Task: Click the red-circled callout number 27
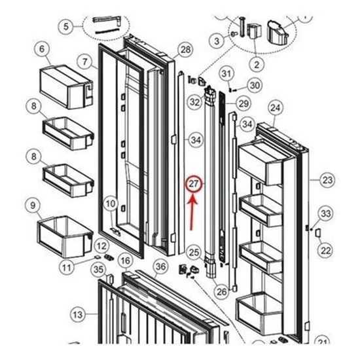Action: [x=194, y=184]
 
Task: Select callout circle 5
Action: [x=66, y=26]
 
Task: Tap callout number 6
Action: [x=42, y=48]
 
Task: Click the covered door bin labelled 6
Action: [x=67, y=87]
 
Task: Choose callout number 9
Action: [x=33, y=206]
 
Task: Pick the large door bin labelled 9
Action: [x=65, y=236]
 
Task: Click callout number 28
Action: [x=185, y=49]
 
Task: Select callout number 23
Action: [x=327, y=180]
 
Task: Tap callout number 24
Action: [x=276, y=107]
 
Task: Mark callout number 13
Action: [x=78, y=314]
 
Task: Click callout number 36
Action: [x=160, y=266]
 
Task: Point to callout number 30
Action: [x=255, y=85]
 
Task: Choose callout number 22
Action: [x=325, y=251]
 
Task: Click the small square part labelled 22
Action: [x=317, y=232]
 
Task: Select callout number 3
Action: [x=217, y=41]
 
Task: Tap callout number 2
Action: [x=257, y=65]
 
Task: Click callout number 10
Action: [x=111, y=204]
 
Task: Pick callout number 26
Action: [x=221, y=291]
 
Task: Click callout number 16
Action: [x=126, y=261]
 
